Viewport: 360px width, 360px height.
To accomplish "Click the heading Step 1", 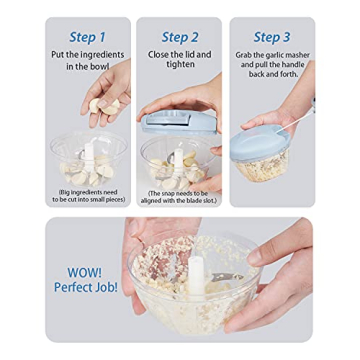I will (87, 36).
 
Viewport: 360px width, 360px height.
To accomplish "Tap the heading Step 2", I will (179, 36).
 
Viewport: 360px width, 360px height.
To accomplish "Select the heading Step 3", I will (271, 36).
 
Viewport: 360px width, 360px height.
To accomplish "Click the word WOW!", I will (84, 271).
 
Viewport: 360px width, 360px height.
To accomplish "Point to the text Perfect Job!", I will (86, 287).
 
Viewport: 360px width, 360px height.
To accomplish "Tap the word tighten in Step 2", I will (180, 65).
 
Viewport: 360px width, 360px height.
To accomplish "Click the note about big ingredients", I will (87, 195).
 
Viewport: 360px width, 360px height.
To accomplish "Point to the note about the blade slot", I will (180, 195).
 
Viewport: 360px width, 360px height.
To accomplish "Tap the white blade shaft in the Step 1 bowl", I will (88, 157).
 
